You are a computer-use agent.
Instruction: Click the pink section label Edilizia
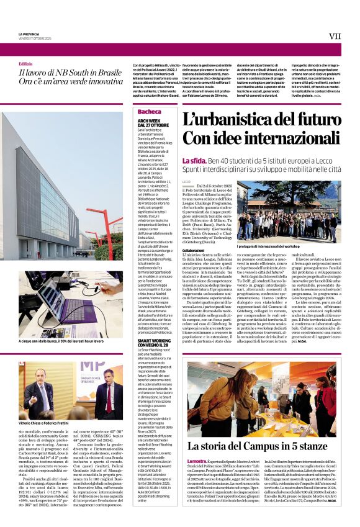(x=25, y=64)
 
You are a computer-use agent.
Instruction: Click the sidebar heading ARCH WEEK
(x=149, y=120)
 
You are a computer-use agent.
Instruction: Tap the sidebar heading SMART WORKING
(x=154, y=340)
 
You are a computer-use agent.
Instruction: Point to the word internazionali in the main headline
(x=287, y=138)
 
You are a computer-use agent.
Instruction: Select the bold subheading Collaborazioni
(x=194, y=250)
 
